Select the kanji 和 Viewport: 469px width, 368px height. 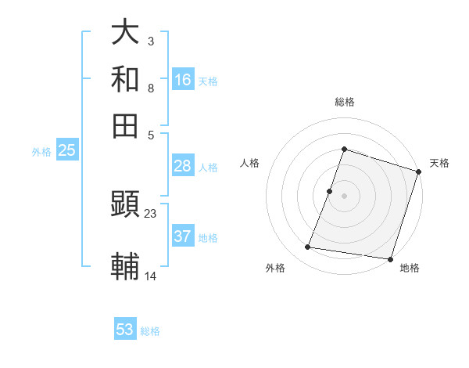click(125, 78)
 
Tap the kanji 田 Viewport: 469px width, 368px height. click(125, 125)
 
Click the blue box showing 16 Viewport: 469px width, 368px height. click(183, 80)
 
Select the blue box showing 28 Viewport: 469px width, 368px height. click(183, 166)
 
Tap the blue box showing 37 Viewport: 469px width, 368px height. click(183, 236)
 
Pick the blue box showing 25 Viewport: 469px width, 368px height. click(66, 151)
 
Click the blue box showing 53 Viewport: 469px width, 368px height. click(125, 330)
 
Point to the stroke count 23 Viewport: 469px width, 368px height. click(150, 213)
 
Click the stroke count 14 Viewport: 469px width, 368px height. click(150, 276)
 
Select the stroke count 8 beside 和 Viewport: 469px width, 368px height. click(150, 88)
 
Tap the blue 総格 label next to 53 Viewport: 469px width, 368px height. click(150, 331)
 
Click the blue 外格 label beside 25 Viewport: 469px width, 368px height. click(41, 152)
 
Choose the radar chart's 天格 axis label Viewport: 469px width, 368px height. click(439, 163)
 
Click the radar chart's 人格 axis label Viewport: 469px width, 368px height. click(250, 163)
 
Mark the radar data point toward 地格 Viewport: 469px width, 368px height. click(390, 259)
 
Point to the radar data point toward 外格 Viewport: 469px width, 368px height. click(308, 247)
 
